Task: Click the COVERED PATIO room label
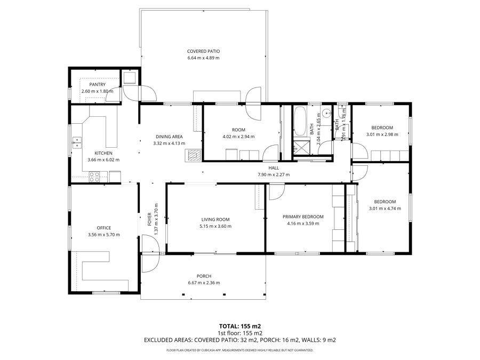(x=203, y=51)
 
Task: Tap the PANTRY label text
(x=98, y=84)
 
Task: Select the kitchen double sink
(x=77, y=142)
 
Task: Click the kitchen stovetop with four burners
(x=94, y=177)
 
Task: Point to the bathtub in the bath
(x=300, y=121)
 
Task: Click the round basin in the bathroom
(x=327, y=114)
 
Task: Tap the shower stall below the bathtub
(x=300, y=148)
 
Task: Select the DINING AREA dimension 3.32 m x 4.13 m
(x=169, y=143)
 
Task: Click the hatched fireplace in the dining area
(x=193, y=155)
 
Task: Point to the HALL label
(x=274, y=168)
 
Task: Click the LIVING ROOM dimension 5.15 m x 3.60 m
(x=215, y=226)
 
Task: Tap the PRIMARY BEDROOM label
(x=303, y=217)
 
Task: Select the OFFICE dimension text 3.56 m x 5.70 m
(x=104, y=235)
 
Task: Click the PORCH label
(x=204, y=276)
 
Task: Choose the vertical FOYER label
(x=149, y=219)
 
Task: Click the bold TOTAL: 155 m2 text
(x=240, y=326)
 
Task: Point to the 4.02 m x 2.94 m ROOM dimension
(x=238, y=137)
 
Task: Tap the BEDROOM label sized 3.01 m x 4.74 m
(x=385, y=202)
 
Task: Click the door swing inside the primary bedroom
(x=277, y=192)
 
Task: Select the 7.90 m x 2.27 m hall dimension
(x=274, y=174)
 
